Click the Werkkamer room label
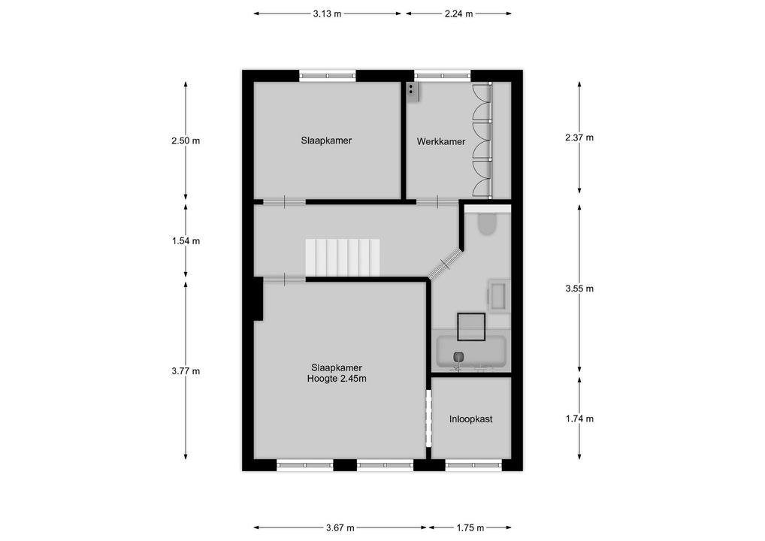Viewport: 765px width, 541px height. coord(441,141)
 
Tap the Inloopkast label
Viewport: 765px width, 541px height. coord(471,419)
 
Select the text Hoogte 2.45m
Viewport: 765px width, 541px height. coord(337,379)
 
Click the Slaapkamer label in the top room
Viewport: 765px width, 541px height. coord(326,141)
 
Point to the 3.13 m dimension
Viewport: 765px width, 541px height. coord(327,14)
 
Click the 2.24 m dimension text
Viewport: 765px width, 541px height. coord(459,14)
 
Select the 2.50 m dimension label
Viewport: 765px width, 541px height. coord(186,141)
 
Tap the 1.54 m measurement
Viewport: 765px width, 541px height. coord(186,241)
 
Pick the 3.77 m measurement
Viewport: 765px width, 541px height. coord(186,371)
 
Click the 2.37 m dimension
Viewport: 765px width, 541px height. coord(579,138)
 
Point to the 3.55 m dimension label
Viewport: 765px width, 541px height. coord(579,289)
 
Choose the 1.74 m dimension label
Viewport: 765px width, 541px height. coord(579,419)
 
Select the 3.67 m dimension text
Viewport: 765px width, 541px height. coord(340,528)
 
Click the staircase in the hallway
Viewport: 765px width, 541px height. coord(343,257)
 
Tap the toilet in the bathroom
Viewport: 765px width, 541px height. coord(486,225)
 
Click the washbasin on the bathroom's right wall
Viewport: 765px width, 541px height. coord(498,296)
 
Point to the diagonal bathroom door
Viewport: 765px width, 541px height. coord(444,264)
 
